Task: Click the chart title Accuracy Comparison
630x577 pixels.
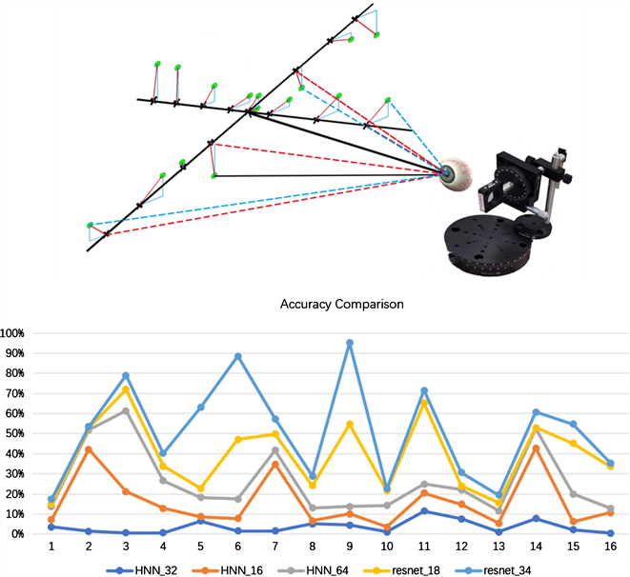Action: pos(342,306)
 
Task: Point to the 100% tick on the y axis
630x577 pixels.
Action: pos(17,333)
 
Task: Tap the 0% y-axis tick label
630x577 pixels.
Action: pos(22,534)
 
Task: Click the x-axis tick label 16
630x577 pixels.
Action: pos(609,547)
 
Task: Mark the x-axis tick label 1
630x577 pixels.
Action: pos(50,547)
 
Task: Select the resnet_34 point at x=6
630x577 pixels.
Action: pos(237,356)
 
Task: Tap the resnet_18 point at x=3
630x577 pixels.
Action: pos(126,389)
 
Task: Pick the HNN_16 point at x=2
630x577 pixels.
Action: pos(88,449)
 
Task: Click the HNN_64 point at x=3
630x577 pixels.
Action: pos(126,410)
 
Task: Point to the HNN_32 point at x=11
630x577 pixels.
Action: pos(425,511)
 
